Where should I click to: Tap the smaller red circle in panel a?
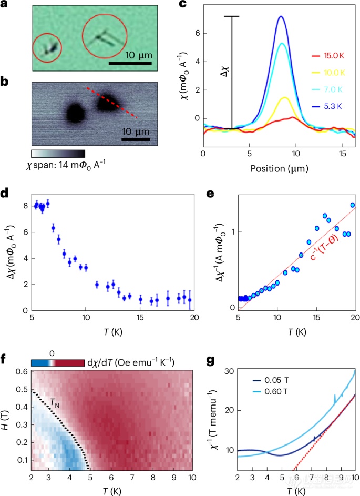coord(47,48)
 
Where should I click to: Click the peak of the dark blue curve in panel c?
coord(281,17)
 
